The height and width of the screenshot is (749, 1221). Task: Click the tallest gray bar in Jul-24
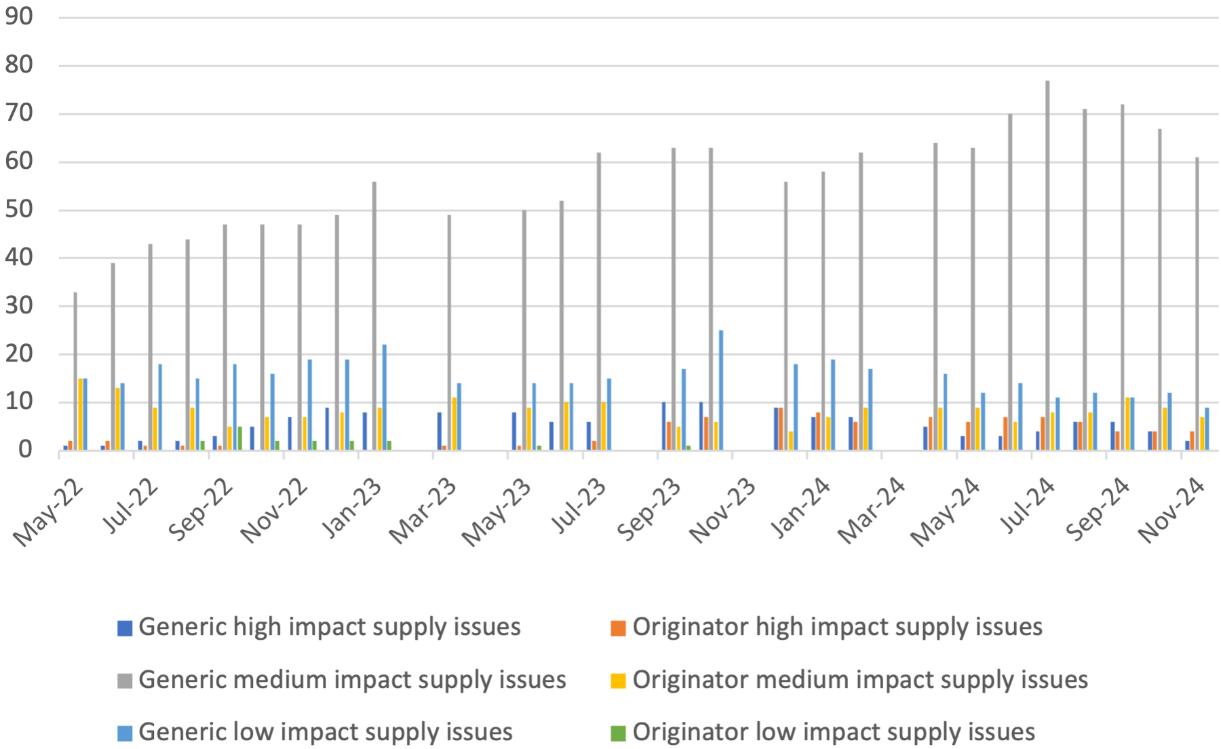1047,265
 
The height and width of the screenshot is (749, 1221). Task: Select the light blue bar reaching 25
721,390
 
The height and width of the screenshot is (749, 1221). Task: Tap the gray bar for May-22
75,371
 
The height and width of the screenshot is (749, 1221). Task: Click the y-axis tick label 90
19,17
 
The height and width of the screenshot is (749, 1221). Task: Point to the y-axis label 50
19,210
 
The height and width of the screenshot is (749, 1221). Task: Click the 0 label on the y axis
26,449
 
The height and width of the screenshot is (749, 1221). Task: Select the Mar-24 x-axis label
872,510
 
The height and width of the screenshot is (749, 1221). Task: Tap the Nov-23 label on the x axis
722,510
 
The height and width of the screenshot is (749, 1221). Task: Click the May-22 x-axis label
49,512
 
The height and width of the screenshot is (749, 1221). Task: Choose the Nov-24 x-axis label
1171,510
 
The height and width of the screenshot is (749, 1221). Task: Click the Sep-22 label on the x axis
201,510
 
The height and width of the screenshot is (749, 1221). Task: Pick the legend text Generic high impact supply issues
330,627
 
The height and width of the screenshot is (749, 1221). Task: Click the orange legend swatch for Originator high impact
618,628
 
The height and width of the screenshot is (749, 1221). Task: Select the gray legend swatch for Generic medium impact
125,680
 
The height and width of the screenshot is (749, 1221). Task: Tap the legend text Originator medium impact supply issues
860,680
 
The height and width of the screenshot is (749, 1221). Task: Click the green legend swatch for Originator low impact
618,733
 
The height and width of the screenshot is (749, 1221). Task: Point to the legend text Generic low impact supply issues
326,732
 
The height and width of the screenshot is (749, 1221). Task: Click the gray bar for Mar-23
449,332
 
